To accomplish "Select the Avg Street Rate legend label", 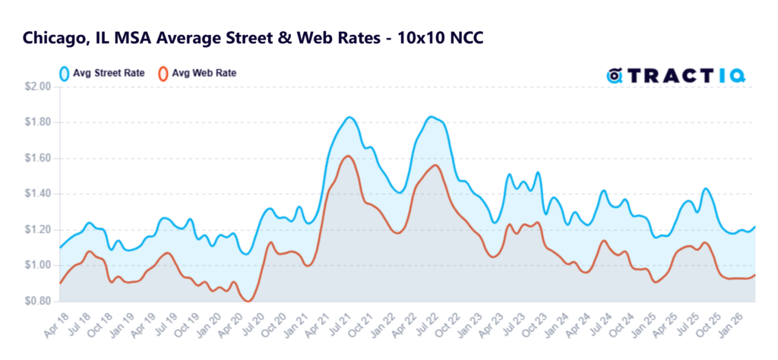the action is coord(109,74).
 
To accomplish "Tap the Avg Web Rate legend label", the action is coord(204,74).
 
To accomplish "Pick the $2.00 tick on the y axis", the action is coord(38,87).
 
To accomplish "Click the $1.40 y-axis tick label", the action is coord(38,194).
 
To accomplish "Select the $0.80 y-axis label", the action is coord(38,301).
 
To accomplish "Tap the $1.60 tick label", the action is coord(38,159).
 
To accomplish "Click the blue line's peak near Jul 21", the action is coord(349,117).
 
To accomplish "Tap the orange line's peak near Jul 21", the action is coord(348,156).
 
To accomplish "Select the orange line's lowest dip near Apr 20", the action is coord(248,301).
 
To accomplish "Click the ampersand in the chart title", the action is coord(283,39).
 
